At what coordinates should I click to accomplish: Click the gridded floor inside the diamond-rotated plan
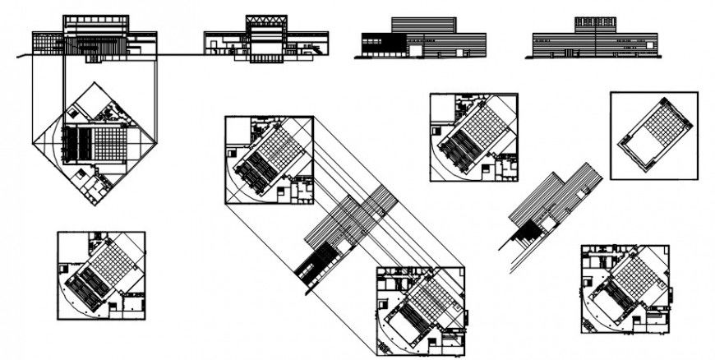109,143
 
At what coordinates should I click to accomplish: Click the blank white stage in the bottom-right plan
609,305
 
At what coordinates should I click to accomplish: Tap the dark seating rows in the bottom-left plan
85,288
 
